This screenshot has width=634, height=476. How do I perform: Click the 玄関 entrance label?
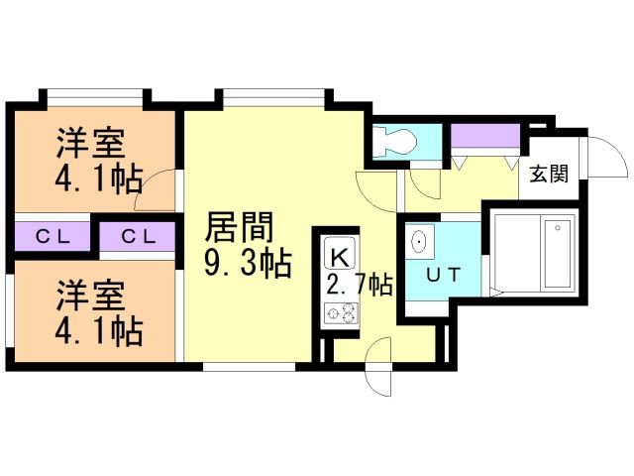coord(549,174)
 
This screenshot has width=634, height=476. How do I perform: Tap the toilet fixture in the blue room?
coord(394,141)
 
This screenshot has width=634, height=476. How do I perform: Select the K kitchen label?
coord(340,258)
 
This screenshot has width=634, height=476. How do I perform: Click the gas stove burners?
coord(341,313)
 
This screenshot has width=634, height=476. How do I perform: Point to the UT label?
coord(444,275)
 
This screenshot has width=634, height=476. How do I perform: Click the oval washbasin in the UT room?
coord(420,242)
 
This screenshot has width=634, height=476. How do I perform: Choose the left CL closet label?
coord(53,237)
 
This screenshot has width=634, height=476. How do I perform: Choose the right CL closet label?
coord(139,237)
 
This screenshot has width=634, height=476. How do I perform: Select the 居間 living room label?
coord(240,227)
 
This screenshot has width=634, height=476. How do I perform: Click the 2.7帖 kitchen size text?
coord(359,286)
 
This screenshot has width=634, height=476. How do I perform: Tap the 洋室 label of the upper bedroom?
coord(90,143)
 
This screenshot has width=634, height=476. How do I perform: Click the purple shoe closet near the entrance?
coord(485,136)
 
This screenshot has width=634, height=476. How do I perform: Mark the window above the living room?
coord(273,97)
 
